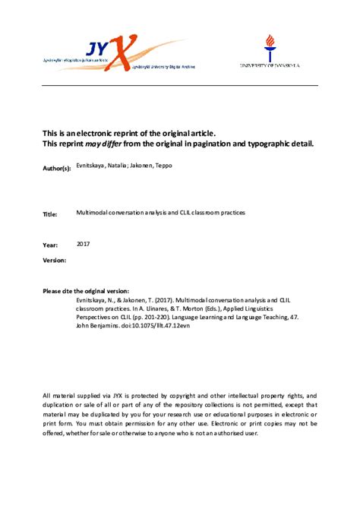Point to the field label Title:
point(50,215)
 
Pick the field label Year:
point(49,245)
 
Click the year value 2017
point(85,244)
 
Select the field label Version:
point(55,261)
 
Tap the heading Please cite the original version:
point(86,291)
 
